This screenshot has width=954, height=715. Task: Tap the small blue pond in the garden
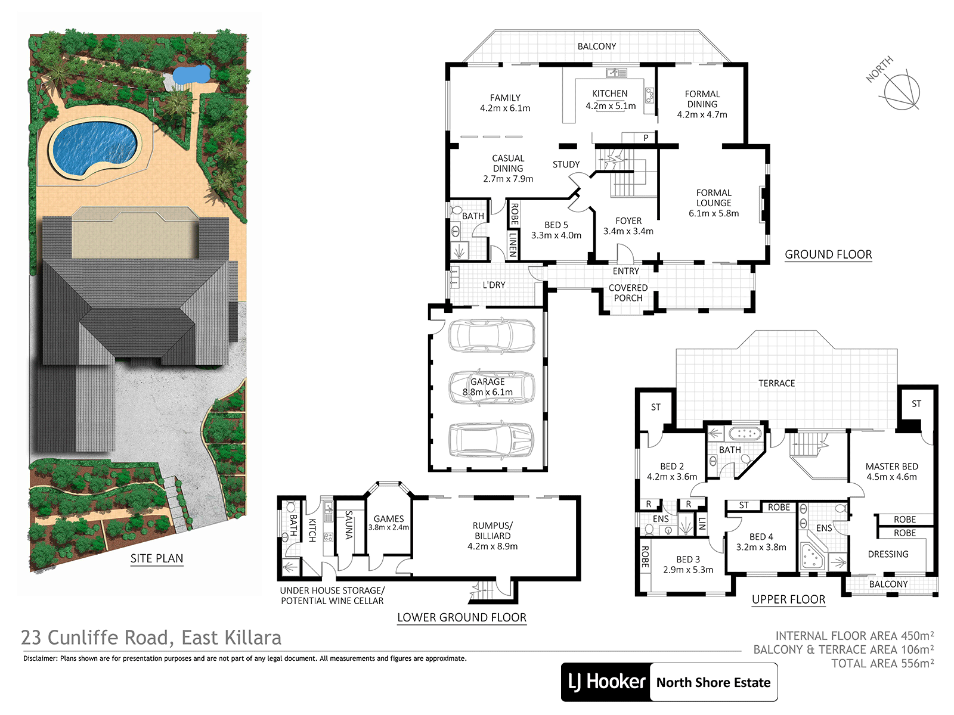(191, 74)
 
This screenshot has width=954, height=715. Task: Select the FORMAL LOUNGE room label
(714, 203)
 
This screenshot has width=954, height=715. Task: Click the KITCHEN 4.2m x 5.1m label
(610, 100)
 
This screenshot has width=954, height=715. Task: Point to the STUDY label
(566, 164)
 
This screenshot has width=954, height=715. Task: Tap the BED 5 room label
(556, 230)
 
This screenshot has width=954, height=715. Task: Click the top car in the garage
(491, 335)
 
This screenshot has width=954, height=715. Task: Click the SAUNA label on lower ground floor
(349, 525)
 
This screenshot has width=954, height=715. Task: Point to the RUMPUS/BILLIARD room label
(493, 536)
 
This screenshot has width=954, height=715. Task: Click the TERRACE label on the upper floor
(777, 383)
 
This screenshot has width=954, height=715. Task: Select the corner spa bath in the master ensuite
(812, 557)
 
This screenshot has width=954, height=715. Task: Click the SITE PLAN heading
(157, 558)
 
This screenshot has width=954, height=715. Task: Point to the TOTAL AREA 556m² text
(882, 663)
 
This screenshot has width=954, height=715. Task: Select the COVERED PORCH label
(628, 293)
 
